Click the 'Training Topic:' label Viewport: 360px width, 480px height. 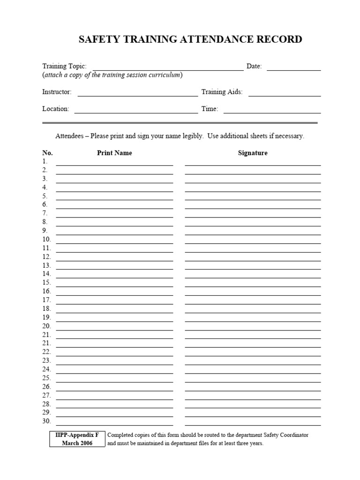65,67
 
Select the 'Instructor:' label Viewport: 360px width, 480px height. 57,92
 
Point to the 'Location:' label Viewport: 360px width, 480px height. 56,109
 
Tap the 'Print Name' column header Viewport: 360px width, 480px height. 114,153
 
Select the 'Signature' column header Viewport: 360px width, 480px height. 253,153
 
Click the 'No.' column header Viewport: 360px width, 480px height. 47,153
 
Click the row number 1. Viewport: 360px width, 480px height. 45,161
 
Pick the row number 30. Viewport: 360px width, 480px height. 46,421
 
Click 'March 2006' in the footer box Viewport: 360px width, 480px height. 77,443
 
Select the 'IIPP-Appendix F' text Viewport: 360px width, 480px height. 77,435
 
